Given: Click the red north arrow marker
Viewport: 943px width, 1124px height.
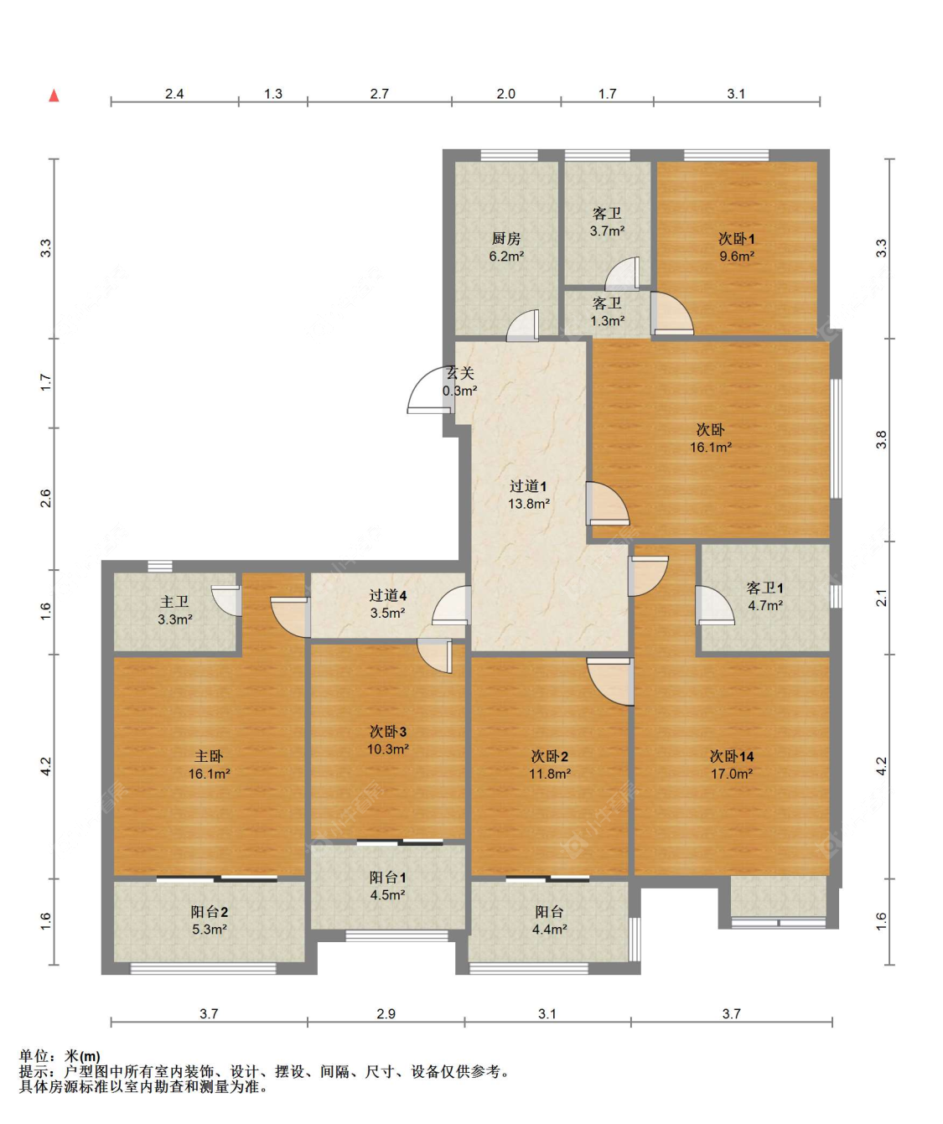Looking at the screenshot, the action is [54, 96].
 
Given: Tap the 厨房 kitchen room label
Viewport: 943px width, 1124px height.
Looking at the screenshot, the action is [506, 239].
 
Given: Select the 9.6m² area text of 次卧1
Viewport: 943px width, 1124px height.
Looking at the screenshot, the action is [736, 256].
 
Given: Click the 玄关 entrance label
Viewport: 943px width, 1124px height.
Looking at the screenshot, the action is [461, 373].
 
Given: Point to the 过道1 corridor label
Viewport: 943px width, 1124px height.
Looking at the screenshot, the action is [528, 487].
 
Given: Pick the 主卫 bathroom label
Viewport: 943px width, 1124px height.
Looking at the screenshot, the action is [174, 602].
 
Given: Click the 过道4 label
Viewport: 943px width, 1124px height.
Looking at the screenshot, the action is [387, 595].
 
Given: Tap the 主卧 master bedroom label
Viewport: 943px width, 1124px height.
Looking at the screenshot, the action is [209, 756].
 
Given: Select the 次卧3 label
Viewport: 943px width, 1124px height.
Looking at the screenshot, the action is [387, 732].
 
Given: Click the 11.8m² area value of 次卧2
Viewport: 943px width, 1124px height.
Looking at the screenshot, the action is [549, 774].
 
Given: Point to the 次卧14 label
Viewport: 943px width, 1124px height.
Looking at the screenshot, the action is [731, 756].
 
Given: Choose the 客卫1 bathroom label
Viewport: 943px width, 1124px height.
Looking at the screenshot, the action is [764, 588].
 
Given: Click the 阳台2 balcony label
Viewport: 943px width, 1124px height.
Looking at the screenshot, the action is [209, 912].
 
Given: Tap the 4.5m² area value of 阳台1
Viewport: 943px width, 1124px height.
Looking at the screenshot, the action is [387, 894].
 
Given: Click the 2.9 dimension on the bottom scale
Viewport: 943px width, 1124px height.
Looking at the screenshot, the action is [386, 1013].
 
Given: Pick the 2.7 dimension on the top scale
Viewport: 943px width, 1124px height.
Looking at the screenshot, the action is [379, 94].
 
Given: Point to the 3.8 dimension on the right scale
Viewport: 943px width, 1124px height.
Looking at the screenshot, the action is [881, 440].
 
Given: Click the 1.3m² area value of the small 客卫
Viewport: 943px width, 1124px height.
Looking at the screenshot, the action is [607, 321].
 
